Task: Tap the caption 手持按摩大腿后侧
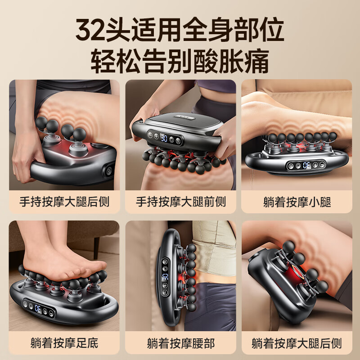click(x=64, y=201)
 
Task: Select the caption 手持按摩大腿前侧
click(x=180, y=201)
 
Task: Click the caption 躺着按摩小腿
click(x=297, y=201)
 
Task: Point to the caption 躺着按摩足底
click(x=64, y=343)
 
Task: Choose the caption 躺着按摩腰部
click(x=180, y=343)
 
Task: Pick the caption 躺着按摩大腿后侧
click(x=297, y=343)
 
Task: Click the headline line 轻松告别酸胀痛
click(x=180, y=62)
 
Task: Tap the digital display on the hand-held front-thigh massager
click(x=165, y=138)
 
